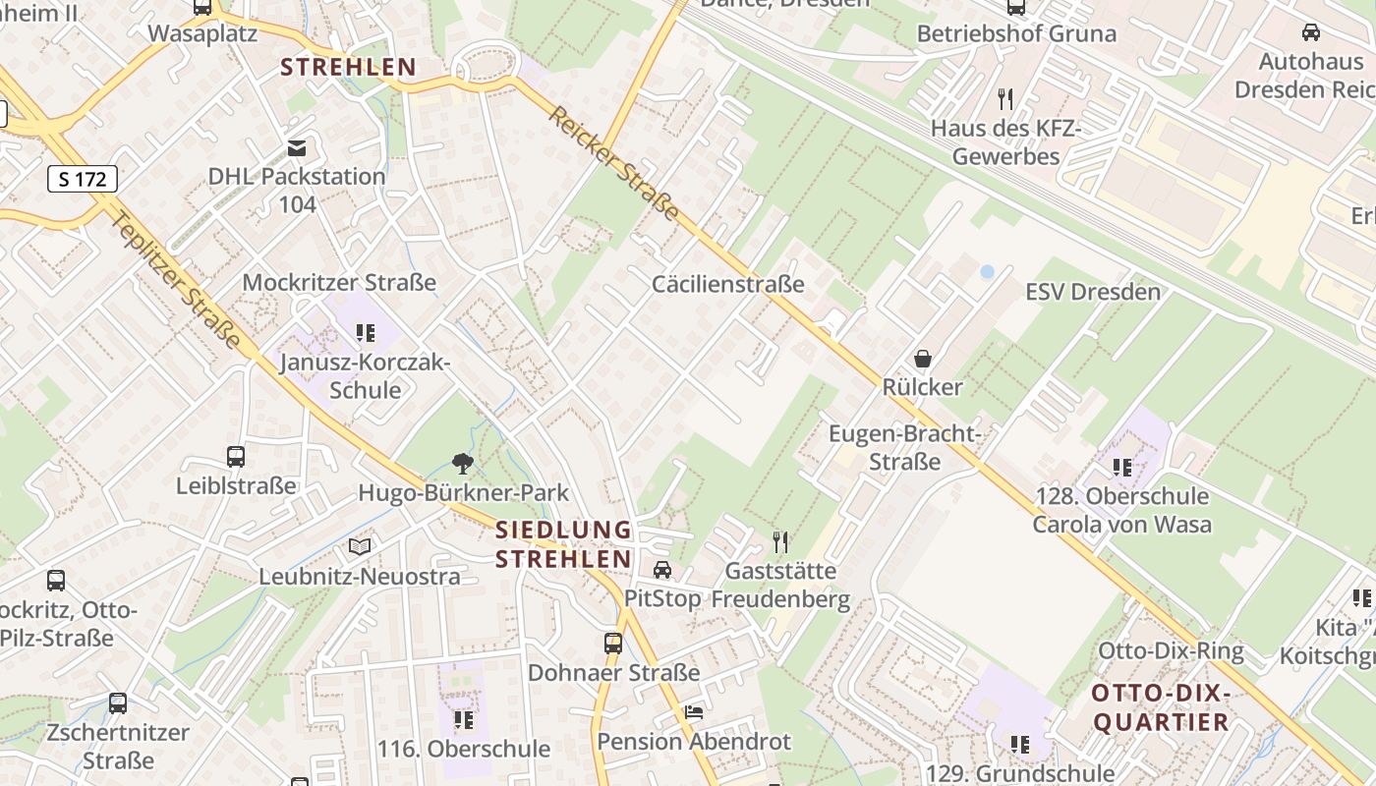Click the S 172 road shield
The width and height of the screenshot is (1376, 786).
tap(83, 179)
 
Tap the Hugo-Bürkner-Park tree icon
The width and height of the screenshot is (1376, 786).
tap(462, 463)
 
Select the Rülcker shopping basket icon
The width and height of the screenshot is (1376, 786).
tap(922, 359)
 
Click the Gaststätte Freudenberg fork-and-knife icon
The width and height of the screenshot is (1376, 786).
tap(780, 541)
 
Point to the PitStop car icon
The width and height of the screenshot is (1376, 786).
tap(662, 570)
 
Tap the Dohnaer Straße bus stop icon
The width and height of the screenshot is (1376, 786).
tap(613, 644)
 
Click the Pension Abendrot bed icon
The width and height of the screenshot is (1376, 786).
tap(694, 712)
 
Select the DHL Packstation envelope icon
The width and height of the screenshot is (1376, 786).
tap(297, 148)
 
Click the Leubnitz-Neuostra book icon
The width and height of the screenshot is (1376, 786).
tap(361, 546)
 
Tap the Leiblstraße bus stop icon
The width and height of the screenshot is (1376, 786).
tap(236, 456)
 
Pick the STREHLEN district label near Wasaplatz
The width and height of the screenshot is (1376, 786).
tap(348, 68)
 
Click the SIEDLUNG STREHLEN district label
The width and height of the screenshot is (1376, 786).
tap(563, 544)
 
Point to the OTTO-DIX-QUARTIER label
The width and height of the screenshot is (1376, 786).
tap(1161, 708)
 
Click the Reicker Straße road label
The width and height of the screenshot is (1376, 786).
tap(613, 163)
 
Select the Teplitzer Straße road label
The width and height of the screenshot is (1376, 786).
tap(176, 279)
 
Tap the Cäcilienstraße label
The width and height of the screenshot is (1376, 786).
tap(727, 284)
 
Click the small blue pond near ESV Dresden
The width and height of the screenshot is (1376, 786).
tap(987, 271)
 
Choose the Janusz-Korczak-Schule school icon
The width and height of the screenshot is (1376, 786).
tap(366, 333)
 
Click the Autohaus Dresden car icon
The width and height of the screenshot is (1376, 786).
tap(1310, 32)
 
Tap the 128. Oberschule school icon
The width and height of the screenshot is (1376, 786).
tap(1122, 467)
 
